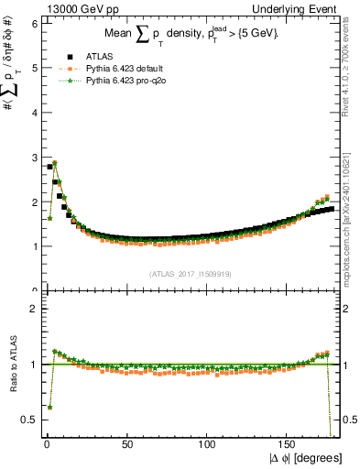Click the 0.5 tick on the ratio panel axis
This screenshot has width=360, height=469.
pyautogui.click(x=28, y=420)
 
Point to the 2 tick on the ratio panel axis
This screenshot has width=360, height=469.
pyautogui.click(x=33, y=309)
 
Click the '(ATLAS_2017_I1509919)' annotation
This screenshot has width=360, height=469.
pyautogui.click(x=190, y=274)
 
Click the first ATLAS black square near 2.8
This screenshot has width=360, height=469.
pyautogui.click(x=49, y=167)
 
